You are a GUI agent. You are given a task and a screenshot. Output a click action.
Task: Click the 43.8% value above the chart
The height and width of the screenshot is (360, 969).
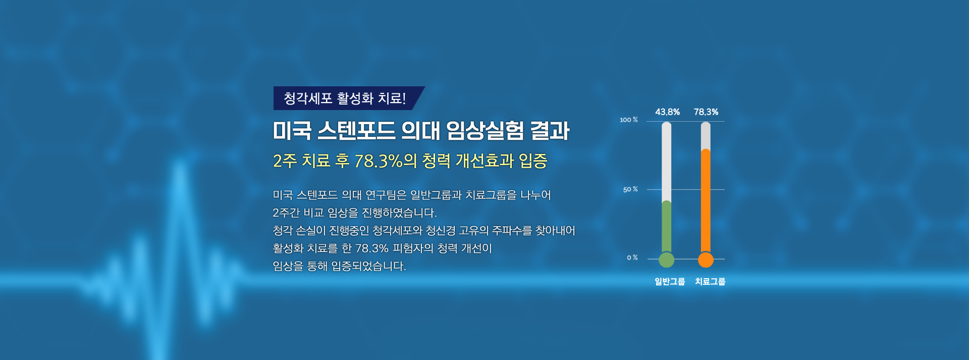[667, 112]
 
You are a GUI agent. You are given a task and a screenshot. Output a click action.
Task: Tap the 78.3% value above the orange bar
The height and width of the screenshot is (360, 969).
[706, 112]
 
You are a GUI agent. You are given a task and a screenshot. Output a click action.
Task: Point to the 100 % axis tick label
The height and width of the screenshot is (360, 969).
[629, 120]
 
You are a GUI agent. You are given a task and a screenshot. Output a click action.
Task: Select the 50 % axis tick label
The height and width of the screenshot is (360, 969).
[630, 189]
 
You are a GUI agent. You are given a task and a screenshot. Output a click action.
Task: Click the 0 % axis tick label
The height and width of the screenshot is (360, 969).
[632, 258]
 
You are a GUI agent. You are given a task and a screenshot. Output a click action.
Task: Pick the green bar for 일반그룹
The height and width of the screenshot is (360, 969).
[667, 227]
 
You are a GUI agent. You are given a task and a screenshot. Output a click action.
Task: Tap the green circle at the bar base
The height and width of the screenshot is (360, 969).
[667, 260]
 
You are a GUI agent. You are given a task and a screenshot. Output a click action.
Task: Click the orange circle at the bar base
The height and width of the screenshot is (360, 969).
[706, 260]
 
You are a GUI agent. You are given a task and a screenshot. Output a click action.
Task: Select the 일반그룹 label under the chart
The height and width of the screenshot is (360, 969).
[670, 282]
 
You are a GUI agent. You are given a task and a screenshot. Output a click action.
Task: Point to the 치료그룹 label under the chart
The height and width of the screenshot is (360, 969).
[710, 282]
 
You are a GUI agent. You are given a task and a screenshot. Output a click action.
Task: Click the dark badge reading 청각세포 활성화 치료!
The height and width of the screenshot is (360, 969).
[348, 98]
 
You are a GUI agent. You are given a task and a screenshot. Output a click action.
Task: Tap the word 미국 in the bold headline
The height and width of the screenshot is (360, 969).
[292, 131]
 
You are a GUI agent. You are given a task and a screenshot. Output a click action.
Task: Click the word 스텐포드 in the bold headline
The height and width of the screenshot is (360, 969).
[356, 131]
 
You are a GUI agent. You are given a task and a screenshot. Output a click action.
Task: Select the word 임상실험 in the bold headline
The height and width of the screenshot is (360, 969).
[486, 131]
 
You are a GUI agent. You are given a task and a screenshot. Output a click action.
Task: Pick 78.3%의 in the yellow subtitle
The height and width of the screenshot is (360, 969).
[386, 161]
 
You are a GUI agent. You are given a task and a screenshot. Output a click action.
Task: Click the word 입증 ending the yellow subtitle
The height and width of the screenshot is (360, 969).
[533, 161]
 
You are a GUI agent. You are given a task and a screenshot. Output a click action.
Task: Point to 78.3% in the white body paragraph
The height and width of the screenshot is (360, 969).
[372, 248]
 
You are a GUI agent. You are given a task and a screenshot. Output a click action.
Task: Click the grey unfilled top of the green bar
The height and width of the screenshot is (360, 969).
[667, 162]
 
